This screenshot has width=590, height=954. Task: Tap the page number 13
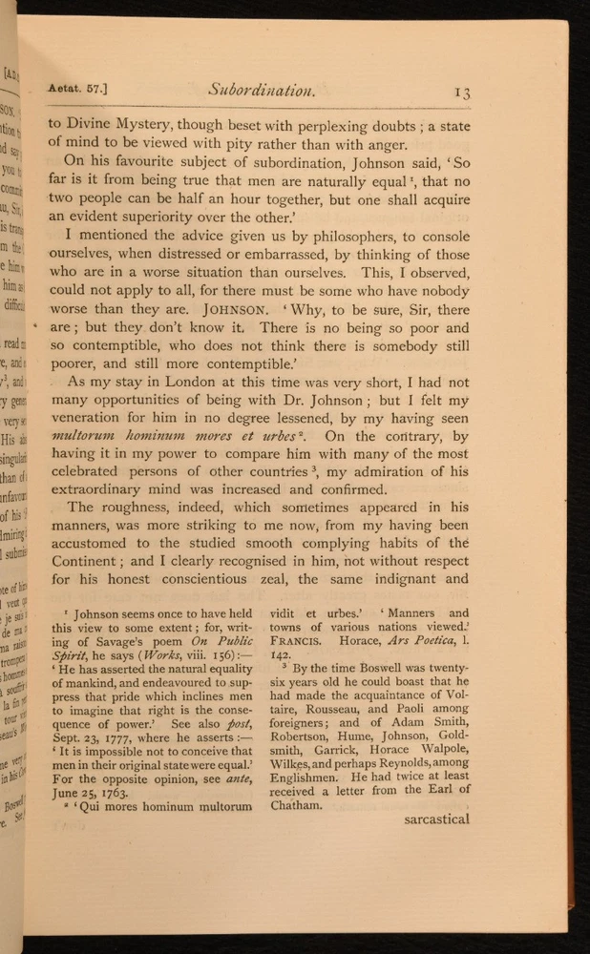coord(461,92)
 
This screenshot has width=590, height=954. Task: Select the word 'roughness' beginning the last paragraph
coord(140,505)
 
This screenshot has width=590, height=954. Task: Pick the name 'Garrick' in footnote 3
coord(329,771)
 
